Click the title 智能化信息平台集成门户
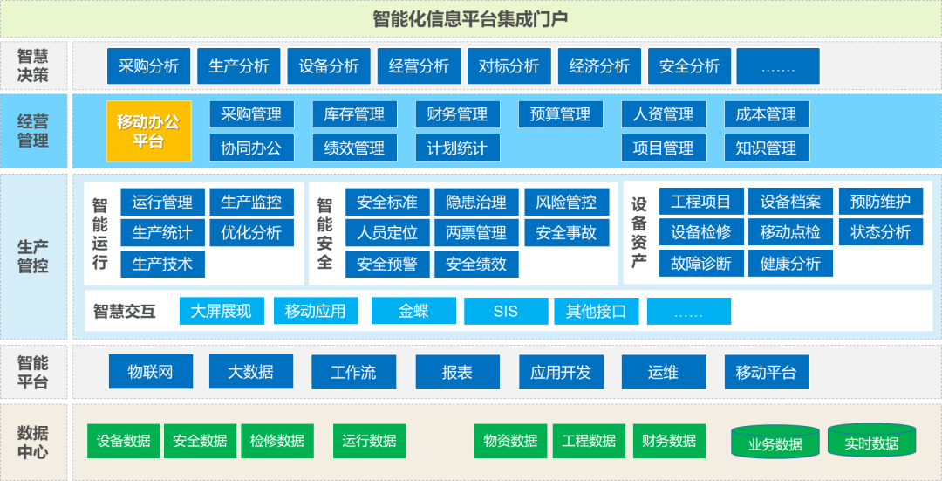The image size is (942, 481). pyautogui.click(x=471, y=19)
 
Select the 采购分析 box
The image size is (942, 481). pyautogui.click(x=148, y=66)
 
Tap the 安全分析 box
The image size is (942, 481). pyautogui.click(x=689, y=66)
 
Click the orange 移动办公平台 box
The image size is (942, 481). pyautogui.click(x=148, y=131)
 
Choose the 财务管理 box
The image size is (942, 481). pyautogui.click(x=457, y=114)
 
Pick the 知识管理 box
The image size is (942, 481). pyautogui.click(x=766, y=148)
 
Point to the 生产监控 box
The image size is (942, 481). pyautogui.click(x=251, y=203)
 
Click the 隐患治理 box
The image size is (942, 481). pyautogui.click(x=476, y=203)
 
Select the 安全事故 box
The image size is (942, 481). pyautogui.click(x=566, y=233)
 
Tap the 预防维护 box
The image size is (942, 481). pyautogui.click(x=880, y=203)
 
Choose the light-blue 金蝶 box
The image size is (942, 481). pyautogui.click(x=413, y=311)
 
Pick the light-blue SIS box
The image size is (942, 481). pyautogui.click(x=505, y=312)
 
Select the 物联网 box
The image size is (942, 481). pyautogui.click(x=150, y=372)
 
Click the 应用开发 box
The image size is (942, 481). pyautogui.click(x=561, y=372)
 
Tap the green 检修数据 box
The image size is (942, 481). pyautogui.click(x=276, y=441)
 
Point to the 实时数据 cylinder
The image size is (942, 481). pyautogui.click(x=871, y=443)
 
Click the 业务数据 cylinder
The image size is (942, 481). pyautogui.click(x=775, y=443)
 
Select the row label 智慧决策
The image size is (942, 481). pyautogui.click(x=33, y=66)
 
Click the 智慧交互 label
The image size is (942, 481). pyautogui.click(x=125, y=312)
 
